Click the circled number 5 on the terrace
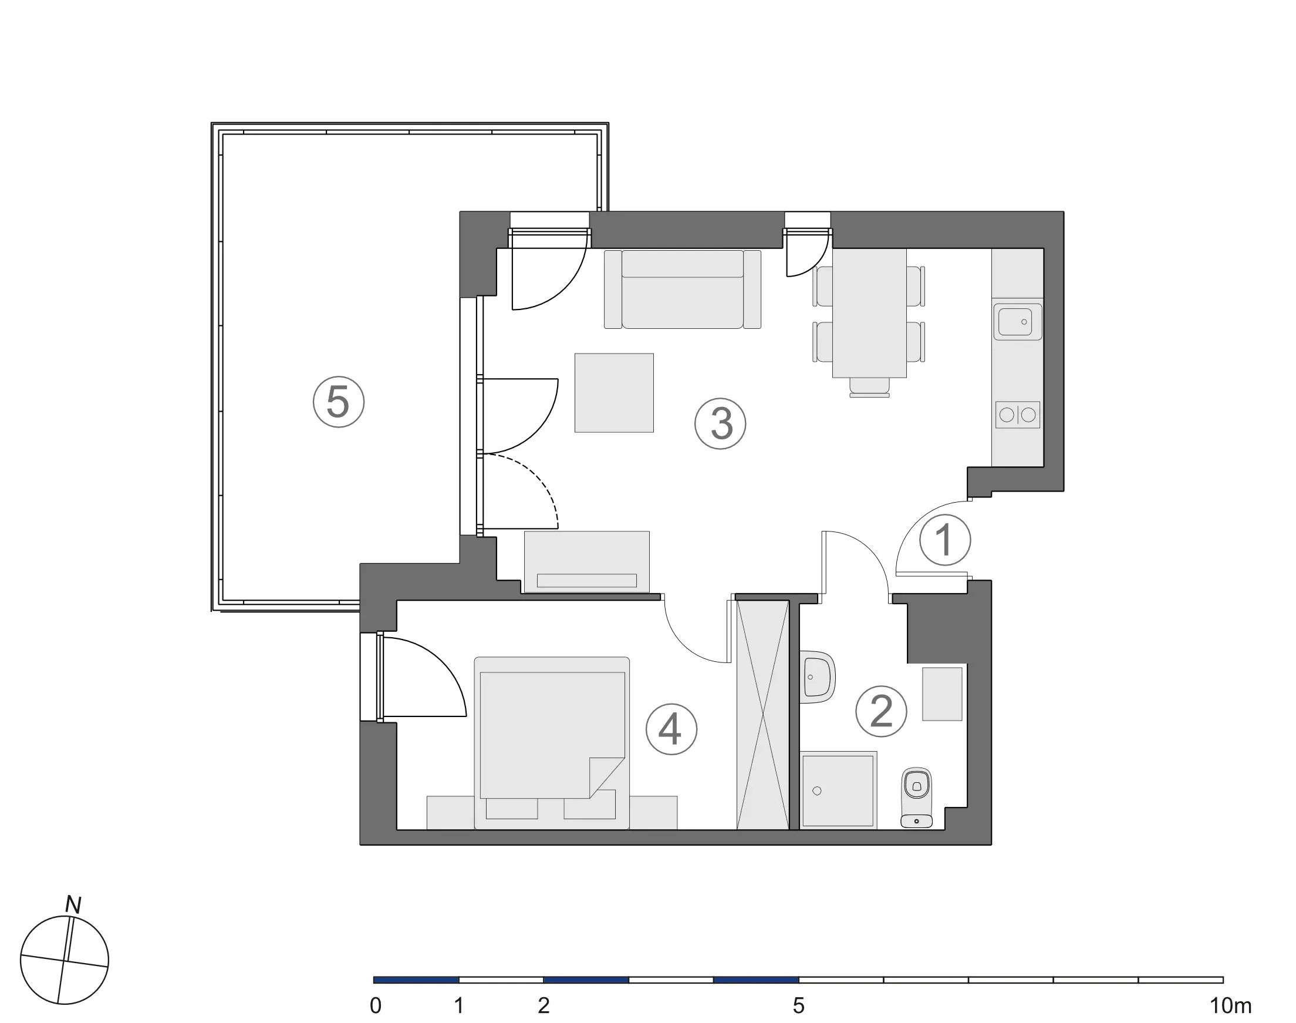(x=338, y=402)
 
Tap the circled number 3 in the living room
(x=720, y=423)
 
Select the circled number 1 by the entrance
(x=944, y=540)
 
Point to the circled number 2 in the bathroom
(x=880, y=711)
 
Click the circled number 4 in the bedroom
(x=671, y=729)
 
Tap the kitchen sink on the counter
(x=1017, y=322)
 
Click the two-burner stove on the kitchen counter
(x=1017, y=415)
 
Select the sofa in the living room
(x=683, y=290)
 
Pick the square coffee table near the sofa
(x=613, y=392)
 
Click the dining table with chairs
(x=869, y=313)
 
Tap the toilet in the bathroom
(x=916, y=797)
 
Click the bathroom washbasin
(x=816, y=677)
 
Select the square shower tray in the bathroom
(x=838, y=790)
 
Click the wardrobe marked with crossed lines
(x=762, y=715)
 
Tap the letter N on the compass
(x=73, y=905)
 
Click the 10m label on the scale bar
(x=1231, y=1005)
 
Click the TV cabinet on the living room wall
(x=586, y=562)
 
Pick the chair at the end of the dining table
(x=869, y=387)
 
